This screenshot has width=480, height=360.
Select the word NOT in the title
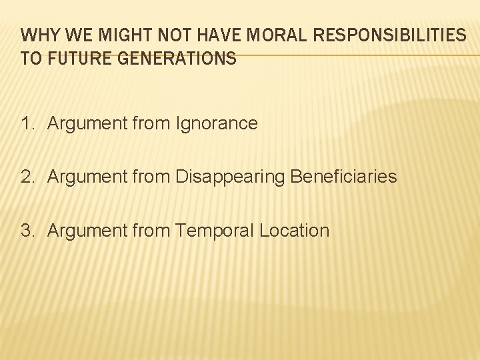tap(164, 35)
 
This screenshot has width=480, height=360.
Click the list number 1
tap(27, 123)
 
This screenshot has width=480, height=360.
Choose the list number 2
tap(27, 177)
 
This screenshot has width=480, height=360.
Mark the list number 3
tap(27, 231)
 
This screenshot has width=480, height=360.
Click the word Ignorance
tap(217, 123)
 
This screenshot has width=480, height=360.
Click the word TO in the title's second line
tap(31, 59)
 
